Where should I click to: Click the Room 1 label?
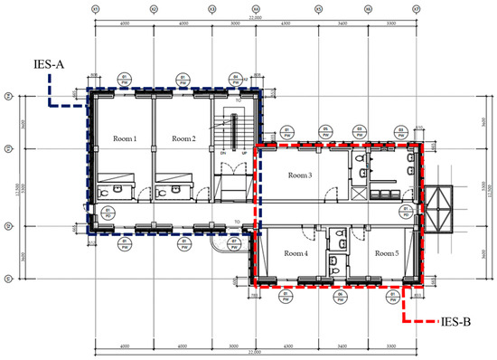[125, 139]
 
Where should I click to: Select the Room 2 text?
[183, 139]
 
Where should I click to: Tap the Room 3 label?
[299, 175]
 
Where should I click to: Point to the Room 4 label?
[295, 253]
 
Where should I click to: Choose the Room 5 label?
[386, 253]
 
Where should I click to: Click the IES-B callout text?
[458, 320]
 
